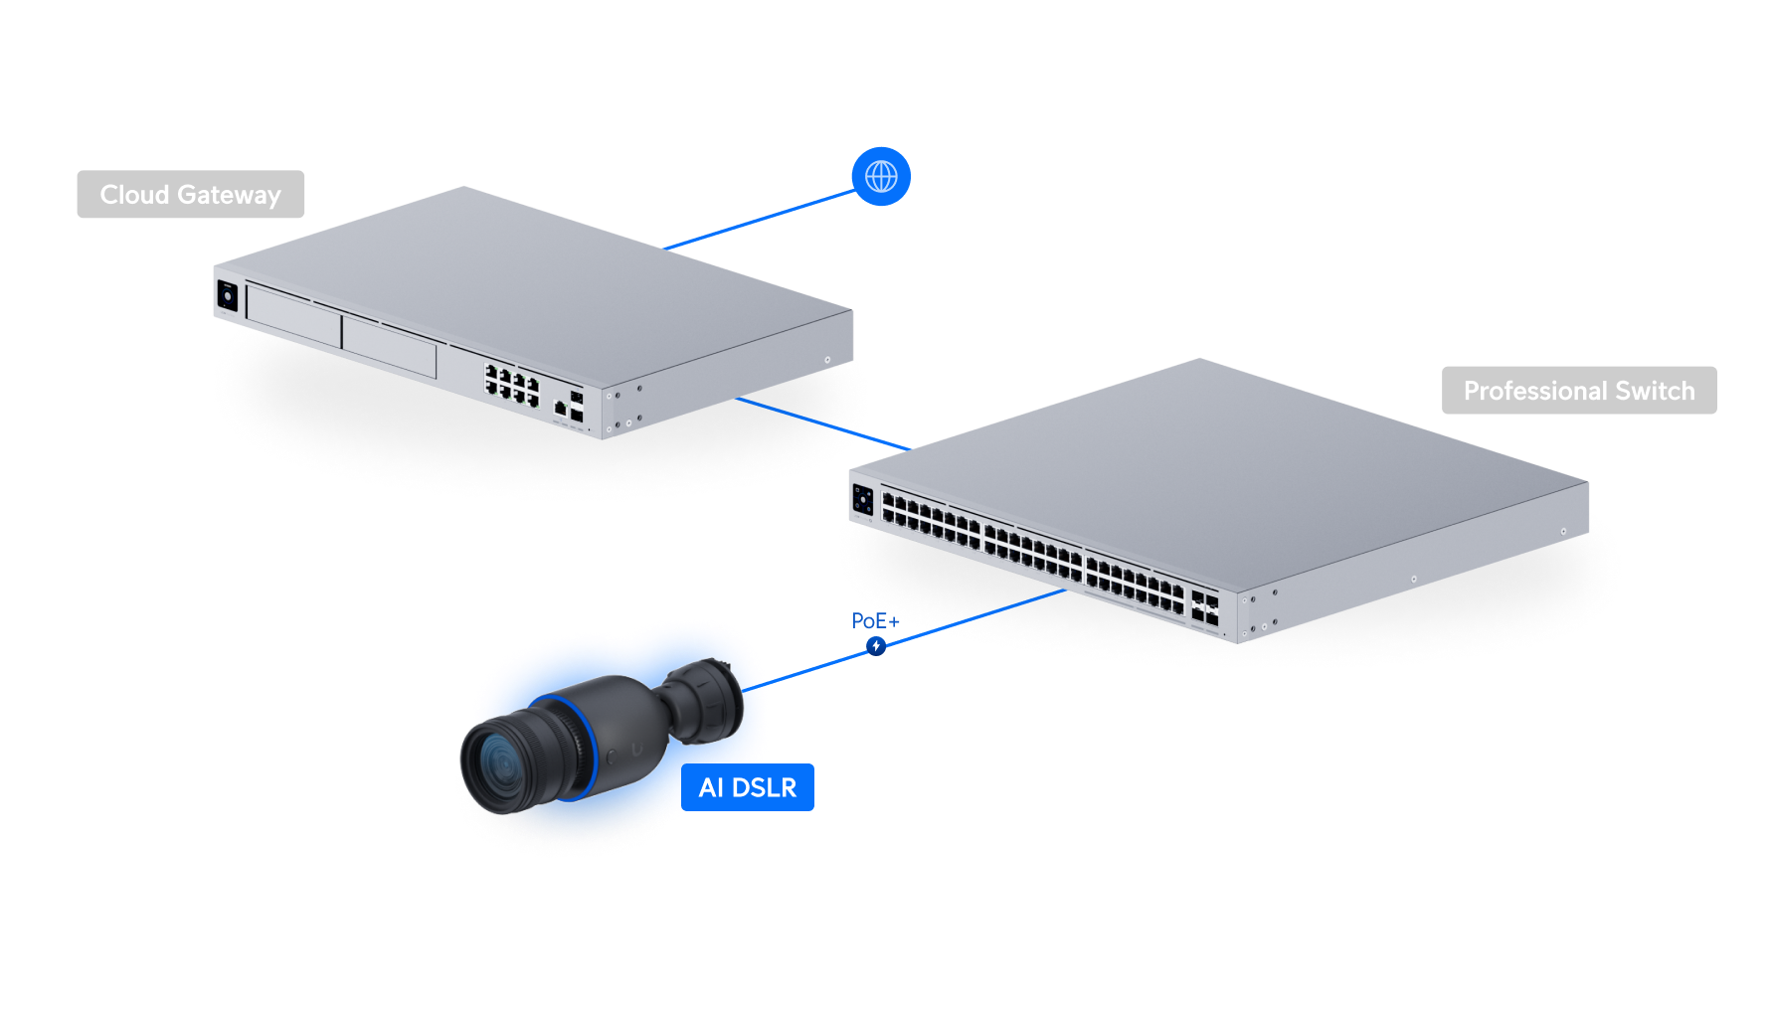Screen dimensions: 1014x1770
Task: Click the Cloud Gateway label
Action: pos(190,195)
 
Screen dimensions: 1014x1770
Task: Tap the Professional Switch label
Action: pos(1578,391)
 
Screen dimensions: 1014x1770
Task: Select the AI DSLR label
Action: pos(748,787)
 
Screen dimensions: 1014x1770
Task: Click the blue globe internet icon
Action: pos(881,177)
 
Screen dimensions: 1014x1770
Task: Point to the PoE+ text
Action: pos(874,621)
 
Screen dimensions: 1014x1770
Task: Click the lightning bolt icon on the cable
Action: pos(876,646)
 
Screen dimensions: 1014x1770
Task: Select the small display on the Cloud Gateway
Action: pos(227,296)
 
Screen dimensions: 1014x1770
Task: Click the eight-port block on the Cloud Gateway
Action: pos(512,384)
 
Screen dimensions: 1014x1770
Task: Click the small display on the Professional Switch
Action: pos(862,499)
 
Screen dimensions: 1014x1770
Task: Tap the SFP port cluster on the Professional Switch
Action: pos(1204,608)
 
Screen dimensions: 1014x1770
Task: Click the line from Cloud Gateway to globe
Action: pos(761,220)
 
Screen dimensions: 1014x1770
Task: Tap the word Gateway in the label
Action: pos(230,195)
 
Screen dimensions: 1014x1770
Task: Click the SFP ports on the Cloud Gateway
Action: pos(576,406)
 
